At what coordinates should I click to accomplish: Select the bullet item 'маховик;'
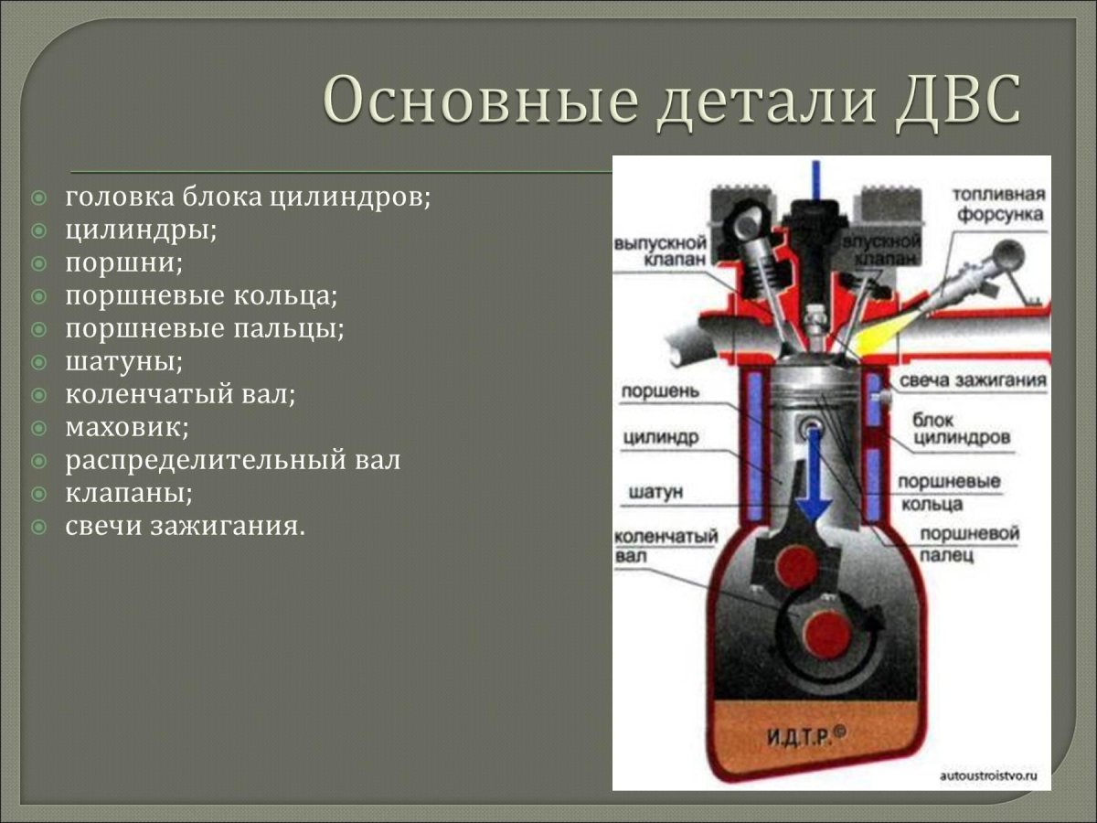click(x=126, y=427)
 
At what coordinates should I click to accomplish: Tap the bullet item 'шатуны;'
click(x=123, y=361)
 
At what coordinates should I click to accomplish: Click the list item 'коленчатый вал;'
click(x=180, y=394)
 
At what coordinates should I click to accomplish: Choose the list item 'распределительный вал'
click(x=232, y=460)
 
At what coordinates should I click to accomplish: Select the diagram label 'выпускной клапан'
click(x=660, y=251)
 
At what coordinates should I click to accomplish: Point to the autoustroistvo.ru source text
click(x=989, y=775)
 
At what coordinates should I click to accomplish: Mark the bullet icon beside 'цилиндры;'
click(x=38, y=230)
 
